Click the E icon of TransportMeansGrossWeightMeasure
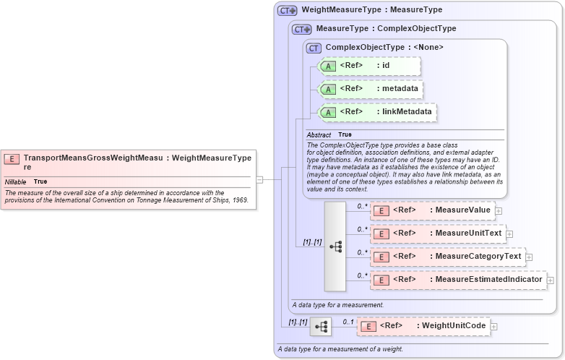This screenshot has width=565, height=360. click(x=12, y=158)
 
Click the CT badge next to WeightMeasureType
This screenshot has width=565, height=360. click(x=288, y=10)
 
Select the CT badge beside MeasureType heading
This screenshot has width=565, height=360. click(x=302, y=29)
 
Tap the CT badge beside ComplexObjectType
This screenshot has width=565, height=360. click(x=314, y=48)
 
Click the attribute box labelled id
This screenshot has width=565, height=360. click(x=369, y=66)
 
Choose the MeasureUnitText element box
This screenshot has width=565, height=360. click(x=437, y=233)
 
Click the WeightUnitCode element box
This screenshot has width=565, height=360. click(x=423, y=327)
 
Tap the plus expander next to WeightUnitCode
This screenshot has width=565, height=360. click(x=494, y=327)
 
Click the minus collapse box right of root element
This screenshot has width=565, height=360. click(x=259, y=179)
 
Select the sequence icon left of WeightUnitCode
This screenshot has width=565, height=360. click(x=320, y=327)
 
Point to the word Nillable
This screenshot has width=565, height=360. click(x=16, y=181)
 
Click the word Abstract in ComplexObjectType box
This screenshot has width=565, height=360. click(x=319, y=134)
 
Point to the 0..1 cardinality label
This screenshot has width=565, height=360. click(x=348, y=322)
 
